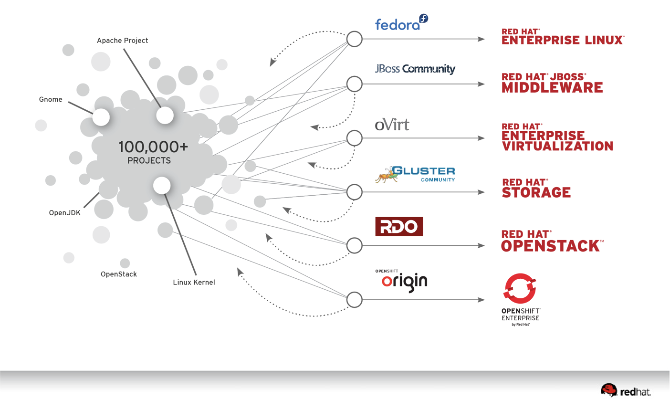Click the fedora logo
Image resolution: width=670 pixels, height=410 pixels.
pos(401,23)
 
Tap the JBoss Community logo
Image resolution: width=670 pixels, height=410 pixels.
pos(415,69)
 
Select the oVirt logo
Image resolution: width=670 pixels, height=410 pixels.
pos(392,125)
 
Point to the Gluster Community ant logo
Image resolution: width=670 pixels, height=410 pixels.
pos(415,175)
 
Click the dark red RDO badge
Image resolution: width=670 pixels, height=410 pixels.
pos(399,227)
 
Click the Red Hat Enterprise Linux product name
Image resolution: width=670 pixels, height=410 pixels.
pos(563,37)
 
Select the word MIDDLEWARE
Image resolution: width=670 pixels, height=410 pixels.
pos(552,88)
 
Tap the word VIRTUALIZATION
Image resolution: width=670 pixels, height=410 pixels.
pos(557,146)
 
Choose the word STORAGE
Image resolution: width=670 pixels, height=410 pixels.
pos(536,193)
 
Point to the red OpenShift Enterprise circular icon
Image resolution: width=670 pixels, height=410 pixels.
pos(520,288)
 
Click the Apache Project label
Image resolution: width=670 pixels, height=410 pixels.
pos(122,41)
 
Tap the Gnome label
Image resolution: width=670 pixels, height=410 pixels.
pos(51,99)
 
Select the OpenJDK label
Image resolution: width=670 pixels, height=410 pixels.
pos(64,213)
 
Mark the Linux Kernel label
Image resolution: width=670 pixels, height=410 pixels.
pos(194,283)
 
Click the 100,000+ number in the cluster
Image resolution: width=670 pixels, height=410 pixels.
pos(153,147)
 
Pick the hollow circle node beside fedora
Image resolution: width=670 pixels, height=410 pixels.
pos(354,39)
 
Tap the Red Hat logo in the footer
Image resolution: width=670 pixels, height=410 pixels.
pos(626,391)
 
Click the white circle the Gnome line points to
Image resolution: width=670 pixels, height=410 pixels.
pos(101,117)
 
